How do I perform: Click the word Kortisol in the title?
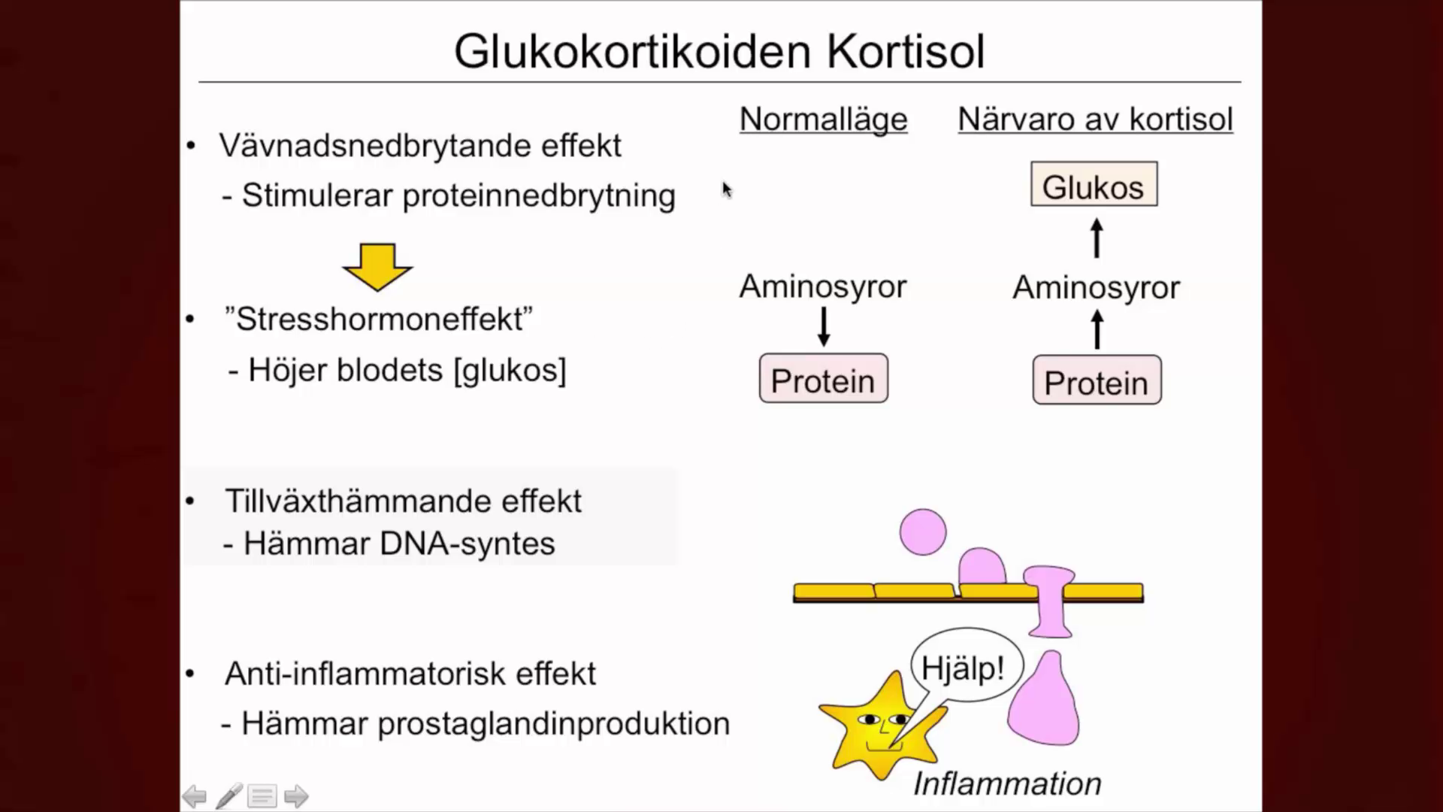(x=906, y=51)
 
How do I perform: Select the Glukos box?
(x=1094, y=185)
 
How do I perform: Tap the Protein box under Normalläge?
(x=823, y=379)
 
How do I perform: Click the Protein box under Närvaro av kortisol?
(x=1097, y=381)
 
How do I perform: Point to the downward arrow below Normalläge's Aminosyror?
(x=824, y=327)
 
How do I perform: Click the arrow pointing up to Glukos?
(x=1097, y=238)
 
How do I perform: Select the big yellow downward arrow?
(x=377, y=267)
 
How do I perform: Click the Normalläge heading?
(x=823, y=119)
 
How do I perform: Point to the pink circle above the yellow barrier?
(x=923, y=532)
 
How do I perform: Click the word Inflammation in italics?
(x=1007, y=783)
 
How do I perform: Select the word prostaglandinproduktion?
(x=553, y=724)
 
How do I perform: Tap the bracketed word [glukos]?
(x=510, y=371)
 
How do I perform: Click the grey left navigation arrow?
(x=195, y=795)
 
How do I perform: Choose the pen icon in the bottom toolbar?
(x=229, y=795)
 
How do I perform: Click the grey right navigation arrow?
(x=296, y=795)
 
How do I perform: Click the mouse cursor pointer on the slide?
(x=726, y=189)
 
